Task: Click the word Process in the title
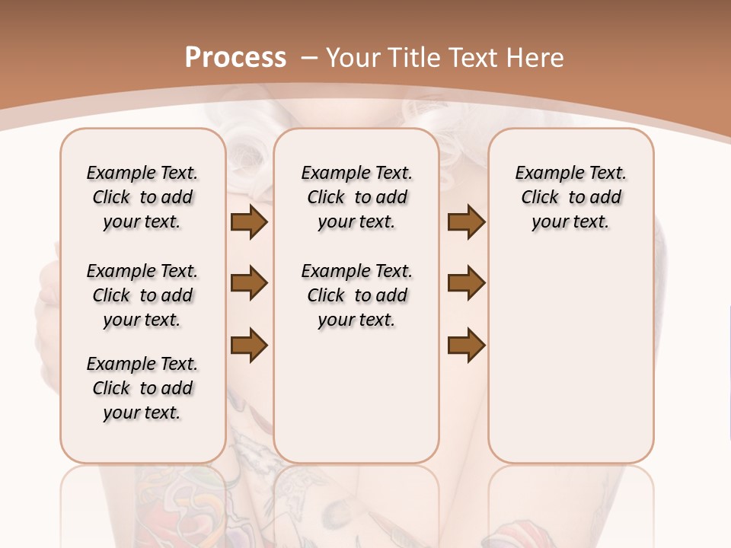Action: (235, 58)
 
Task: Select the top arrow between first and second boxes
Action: (249, 222)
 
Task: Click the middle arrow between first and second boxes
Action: (249, 284)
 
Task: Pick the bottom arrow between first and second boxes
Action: (249, 346)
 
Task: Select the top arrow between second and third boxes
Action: (466, 222)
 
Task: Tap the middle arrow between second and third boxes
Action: (466, 284)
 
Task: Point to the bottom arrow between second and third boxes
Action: (466, 346)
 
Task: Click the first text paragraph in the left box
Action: (142, 197)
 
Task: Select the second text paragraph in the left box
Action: (142, 295)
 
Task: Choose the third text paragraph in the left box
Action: (142, 388)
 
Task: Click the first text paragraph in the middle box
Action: (357, 197)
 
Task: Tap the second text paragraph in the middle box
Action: (357, 295)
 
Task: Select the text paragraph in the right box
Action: (571, 197)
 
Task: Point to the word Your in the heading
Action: (353, 58)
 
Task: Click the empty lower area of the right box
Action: (571, 365)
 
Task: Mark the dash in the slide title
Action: (309, 58)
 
